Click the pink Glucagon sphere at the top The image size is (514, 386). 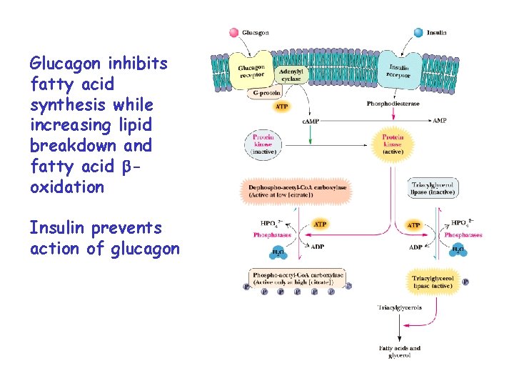[233, 33]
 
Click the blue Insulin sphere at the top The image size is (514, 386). [418, 33]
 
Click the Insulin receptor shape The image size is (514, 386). [397, 69]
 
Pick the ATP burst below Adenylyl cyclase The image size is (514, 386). [282, 107]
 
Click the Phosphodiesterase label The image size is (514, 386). [393, 104]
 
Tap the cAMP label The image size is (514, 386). [311, 122]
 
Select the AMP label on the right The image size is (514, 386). [440, 121]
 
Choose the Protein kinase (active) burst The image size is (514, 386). [393, 144]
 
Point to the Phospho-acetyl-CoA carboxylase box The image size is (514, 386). [296, 279]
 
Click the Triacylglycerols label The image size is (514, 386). [398, 307]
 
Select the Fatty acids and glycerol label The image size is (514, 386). [399, 352]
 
